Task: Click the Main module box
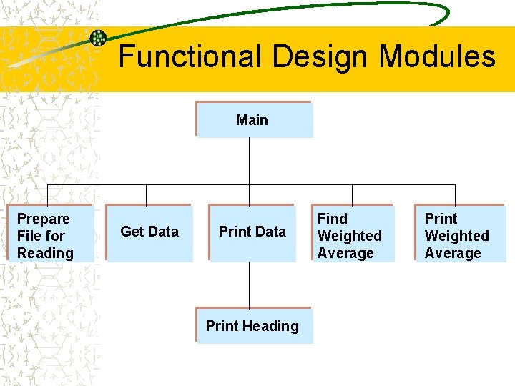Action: pos(254,119)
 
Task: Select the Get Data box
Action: pos(149,234)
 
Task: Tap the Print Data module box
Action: pos(252,234)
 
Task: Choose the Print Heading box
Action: pos(254,326)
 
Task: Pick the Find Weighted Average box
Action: pos(353,234)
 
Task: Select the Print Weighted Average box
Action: pos(460,234)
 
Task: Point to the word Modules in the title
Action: pos(437,56)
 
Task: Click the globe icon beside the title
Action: pos(98,38)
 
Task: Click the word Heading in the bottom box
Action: pos(270,326)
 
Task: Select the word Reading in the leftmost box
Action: pos(45,253)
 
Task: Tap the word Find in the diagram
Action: pos(333,219)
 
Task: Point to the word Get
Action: pos(132,232)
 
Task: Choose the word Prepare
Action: pos(44,219)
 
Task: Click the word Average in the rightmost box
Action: pos(453,253)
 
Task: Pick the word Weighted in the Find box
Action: pos(350,236)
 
